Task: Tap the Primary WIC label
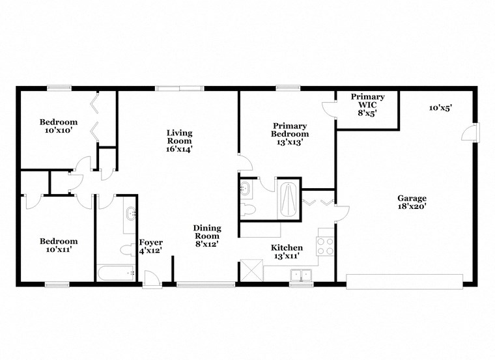(x=367, y=104)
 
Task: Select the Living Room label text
(x=179, y=141)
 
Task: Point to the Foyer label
(x=150, y=246)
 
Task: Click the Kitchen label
(x=287, y=252)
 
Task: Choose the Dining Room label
(x=206, y=236)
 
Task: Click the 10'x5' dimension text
(x=441, y=107)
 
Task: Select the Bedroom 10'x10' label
(x=59, y=126)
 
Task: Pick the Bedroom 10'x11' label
(x=59, y=245)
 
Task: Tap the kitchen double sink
(x=301, y=275)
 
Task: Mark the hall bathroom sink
(x=130, y=213)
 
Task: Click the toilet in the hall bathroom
(x=128, y=249)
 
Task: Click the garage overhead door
(x=404, y=281)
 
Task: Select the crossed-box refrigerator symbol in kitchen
(x=250, y=270)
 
